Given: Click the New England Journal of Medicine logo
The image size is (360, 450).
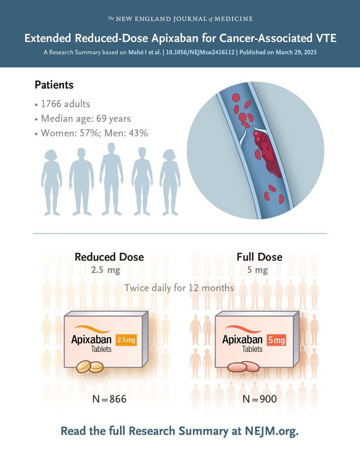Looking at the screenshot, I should pos(180,19).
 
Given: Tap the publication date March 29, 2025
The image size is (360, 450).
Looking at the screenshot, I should pos(296,52).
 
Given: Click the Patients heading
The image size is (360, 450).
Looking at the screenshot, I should pos(54,85).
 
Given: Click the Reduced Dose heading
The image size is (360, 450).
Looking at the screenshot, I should pos(109,257).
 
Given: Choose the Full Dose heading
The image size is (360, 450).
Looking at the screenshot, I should pos(259,257).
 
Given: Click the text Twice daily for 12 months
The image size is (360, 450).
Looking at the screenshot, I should pos(180,288).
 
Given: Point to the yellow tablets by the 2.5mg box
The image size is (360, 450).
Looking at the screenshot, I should pos(90,366).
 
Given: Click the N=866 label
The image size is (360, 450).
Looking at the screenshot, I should pos(109,399).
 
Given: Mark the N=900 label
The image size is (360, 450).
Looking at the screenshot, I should pos(259,399).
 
